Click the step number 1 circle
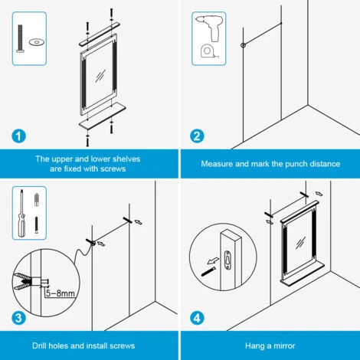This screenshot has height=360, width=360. click(18, 136)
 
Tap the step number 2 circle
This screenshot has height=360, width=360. click(198, 136)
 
